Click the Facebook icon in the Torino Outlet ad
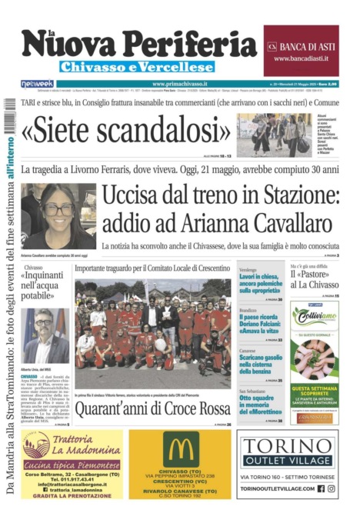[x=322, y=488]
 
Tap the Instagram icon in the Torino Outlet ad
[x=332, y=488]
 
